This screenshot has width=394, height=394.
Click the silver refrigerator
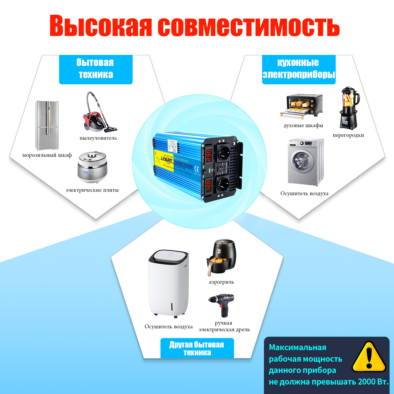click(47, 125)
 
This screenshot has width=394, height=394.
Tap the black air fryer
click(221, 257)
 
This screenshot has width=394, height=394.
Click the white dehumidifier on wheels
click(169, 284)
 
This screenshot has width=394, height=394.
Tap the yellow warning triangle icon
click(369, 357)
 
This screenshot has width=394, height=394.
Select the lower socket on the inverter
click(224, 184)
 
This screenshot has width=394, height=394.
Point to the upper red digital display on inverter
click(208, 155)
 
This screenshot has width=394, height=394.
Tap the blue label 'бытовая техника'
click(96, 69)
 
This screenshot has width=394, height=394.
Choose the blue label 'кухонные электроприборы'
click(299, 69)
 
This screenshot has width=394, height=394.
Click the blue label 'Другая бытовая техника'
click(197, 348)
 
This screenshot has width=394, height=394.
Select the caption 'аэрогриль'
click(221, 282)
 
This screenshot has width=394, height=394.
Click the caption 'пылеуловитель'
click(98, 138)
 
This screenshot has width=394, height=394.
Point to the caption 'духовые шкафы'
click(303, 126)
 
